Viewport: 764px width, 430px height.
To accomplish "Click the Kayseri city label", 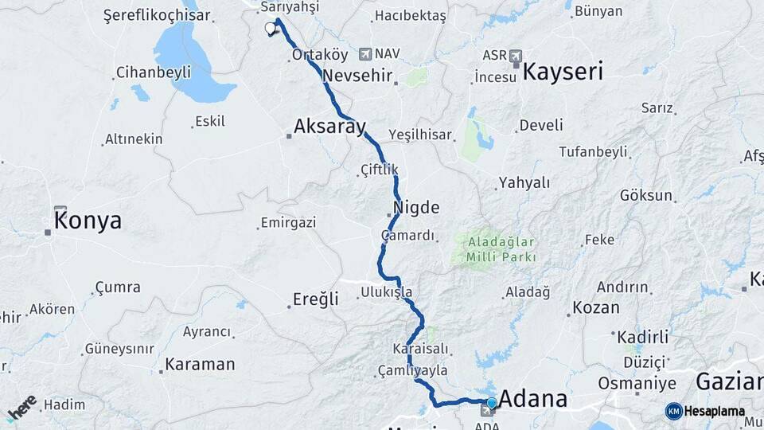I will [x=563, y=71].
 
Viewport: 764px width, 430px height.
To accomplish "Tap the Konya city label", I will [x=88, y=221].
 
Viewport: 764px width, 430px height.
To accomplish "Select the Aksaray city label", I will [x=329, y=126].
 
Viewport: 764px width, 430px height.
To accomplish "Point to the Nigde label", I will [x=415, y=208].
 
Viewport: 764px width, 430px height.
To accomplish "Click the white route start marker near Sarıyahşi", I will [x=270, y=29].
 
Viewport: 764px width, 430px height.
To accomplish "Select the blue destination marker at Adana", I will [x=492, y=404].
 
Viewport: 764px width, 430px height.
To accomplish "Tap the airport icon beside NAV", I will [x=365, y=54].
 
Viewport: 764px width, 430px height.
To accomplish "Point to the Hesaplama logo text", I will [x=714, y=411].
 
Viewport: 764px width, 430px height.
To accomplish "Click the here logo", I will [x=21, y=408].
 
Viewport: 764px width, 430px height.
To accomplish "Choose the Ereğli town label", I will [x=316, y=299].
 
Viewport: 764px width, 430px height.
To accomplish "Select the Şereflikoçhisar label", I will [x=157, y=15].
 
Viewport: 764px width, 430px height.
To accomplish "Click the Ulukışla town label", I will [x=387, y=292].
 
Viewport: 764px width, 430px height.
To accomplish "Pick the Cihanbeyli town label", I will [x=154, y=72].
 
